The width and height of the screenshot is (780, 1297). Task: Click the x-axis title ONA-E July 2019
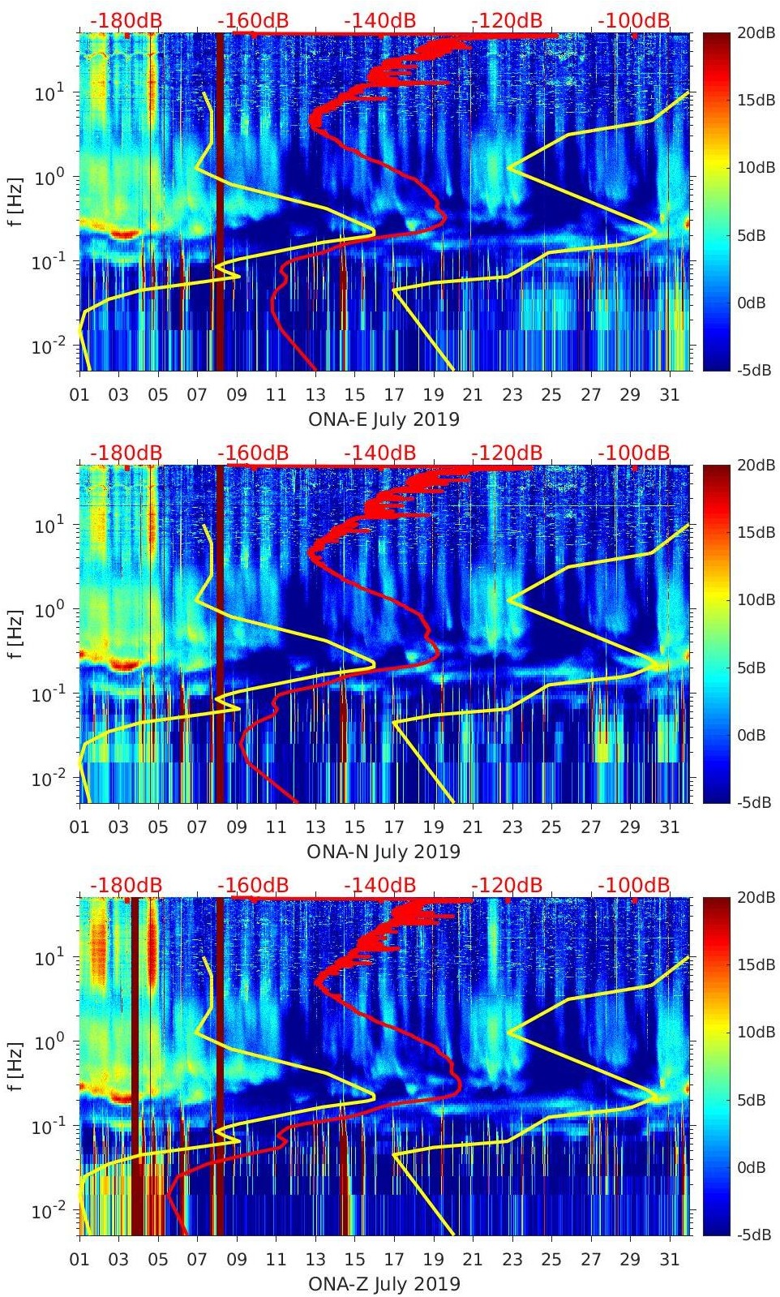tap(384, 419)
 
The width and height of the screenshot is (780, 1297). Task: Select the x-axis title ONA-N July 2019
tap(384, 852)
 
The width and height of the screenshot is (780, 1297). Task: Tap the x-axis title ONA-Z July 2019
tap(384, 1284)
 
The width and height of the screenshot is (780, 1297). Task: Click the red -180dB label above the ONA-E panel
tap(126, 20)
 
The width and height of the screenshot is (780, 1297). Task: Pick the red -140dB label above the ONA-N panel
tap(379, 453)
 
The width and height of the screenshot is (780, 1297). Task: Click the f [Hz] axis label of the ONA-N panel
tap(17, 633)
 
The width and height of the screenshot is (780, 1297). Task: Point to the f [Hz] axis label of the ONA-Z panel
tap(17, 1066)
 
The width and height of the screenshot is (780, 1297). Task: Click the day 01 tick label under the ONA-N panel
tap(79, 827)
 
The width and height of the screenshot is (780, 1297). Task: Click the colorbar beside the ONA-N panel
tap(715, 633)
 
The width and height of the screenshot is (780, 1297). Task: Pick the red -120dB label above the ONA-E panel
tap(506, 20)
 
